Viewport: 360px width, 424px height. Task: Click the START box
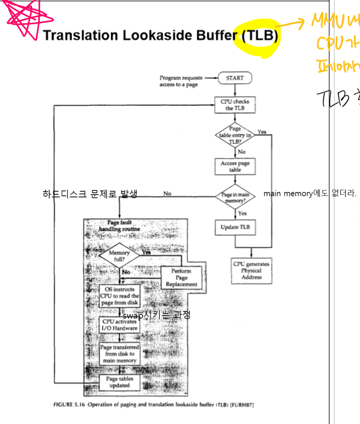tap(235, 78)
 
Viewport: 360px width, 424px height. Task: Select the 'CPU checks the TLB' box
tap(235, 105)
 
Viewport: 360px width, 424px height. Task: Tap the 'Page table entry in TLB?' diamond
tap(235, 135)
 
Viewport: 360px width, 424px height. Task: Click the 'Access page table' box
tap(235, 167)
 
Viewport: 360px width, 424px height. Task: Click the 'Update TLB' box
tap(235, 227)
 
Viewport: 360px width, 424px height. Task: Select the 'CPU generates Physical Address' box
tap(251, 271)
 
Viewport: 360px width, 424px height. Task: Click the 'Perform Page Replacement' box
tap(181, 277)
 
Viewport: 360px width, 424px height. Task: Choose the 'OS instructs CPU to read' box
tap(120, 296)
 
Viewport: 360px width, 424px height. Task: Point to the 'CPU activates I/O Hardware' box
tap(120, 325)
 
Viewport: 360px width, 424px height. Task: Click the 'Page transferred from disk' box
tap(120, 354)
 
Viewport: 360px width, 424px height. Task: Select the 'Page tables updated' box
tap(120, 382)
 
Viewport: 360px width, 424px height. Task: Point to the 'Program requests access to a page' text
tap(180, 81)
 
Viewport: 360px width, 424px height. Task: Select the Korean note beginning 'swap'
tap(156, 315)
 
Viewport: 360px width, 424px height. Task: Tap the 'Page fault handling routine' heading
tap(119, 226)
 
